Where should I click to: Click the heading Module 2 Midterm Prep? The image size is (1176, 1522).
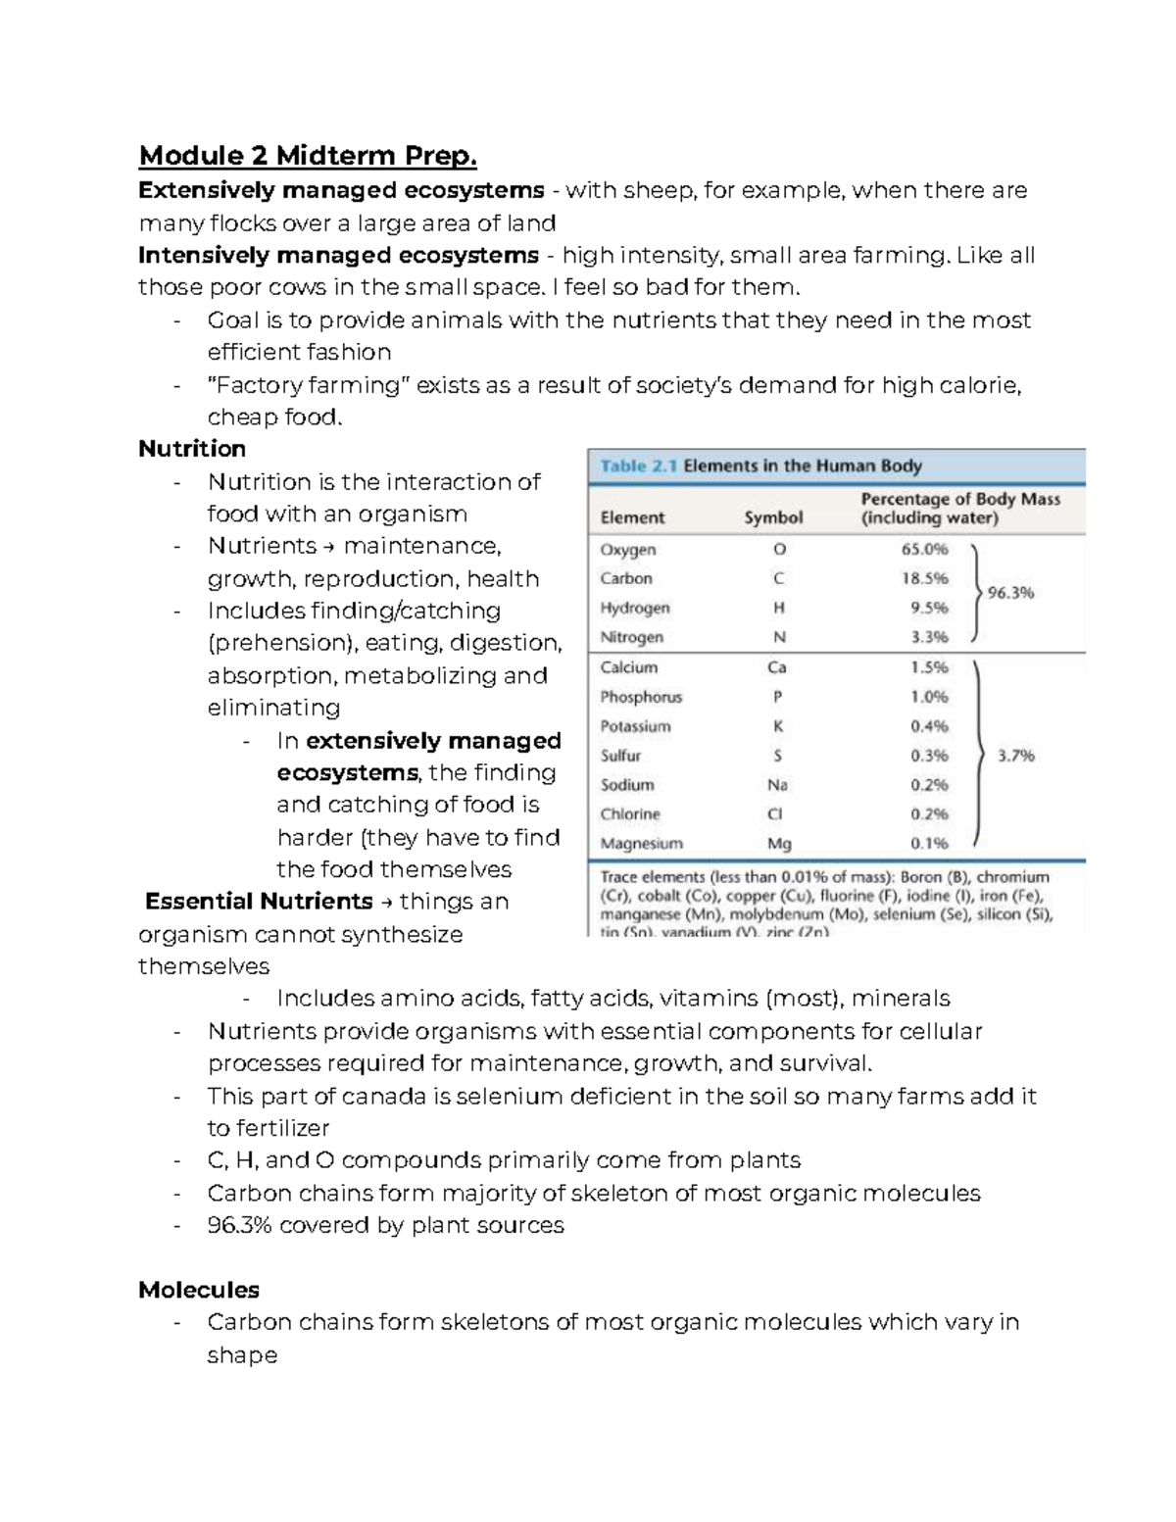click(308, 156)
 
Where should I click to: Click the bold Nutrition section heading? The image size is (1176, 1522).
click(192, 449)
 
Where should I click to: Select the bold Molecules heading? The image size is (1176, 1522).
click(199, 1290)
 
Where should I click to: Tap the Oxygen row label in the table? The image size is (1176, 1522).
click(628, 550)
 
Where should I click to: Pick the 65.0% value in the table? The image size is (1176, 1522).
click(924, 550)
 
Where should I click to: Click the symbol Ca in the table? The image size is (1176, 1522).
click(777, 667)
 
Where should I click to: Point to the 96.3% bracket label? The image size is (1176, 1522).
click(1010, 593)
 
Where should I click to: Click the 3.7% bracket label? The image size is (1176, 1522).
click(1015, 756)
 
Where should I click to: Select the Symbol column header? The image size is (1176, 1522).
click(773, 517)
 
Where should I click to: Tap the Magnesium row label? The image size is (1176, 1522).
click(641, 844)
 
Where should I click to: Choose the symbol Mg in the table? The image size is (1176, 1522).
click(779, 844)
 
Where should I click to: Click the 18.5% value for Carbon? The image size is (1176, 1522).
click(924, 579)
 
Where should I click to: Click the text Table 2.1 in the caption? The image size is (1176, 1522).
click(638, 466)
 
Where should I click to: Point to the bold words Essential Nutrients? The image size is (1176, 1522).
click(259, 902)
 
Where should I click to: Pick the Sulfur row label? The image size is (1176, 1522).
click(620, 756)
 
